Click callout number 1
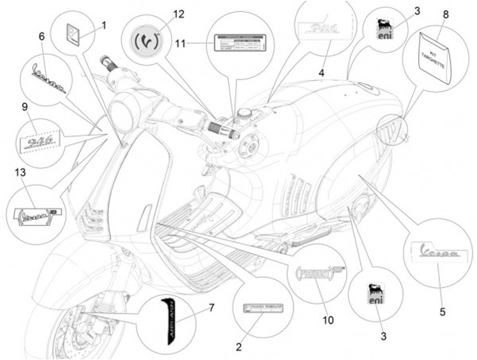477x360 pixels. [104, 26]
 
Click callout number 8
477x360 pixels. [445, 14]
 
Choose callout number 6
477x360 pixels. [42, 37]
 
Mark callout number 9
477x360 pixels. [24, 107]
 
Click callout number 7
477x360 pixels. [211, 308]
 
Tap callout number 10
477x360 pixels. [328, 320]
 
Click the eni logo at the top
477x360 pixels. [384, 29]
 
